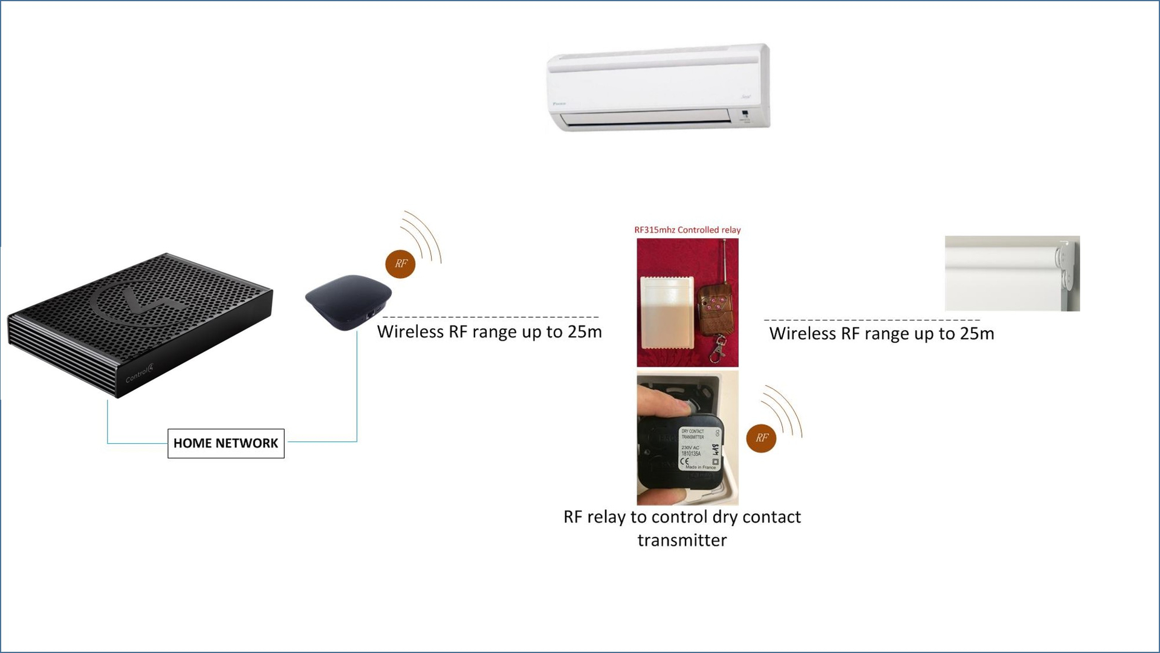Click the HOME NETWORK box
click(225, 443)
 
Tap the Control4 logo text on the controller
click(140, 373)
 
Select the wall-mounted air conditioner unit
click(658, 87)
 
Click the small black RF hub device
click(348, 301)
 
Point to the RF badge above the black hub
click(400, 264)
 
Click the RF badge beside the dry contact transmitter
click(760, 438)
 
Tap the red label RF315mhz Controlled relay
click(687, 230)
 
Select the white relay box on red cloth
click(667, 313)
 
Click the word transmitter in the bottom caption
click(682, 540)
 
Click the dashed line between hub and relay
click(490, 317)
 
